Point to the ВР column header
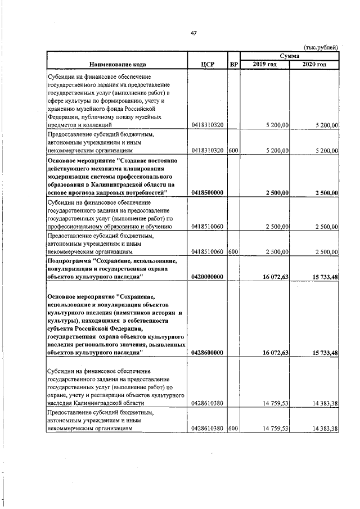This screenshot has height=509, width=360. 233,64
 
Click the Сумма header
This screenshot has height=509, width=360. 289,56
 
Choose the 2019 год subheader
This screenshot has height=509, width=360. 264,65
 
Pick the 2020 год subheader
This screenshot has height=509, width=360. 314,65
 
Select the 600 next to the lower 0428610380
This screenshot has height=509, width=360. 233,429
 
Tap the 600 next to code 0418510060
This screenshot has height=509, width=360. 233,252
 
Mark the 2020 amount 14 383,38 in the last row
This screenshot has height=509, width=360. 322,429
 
